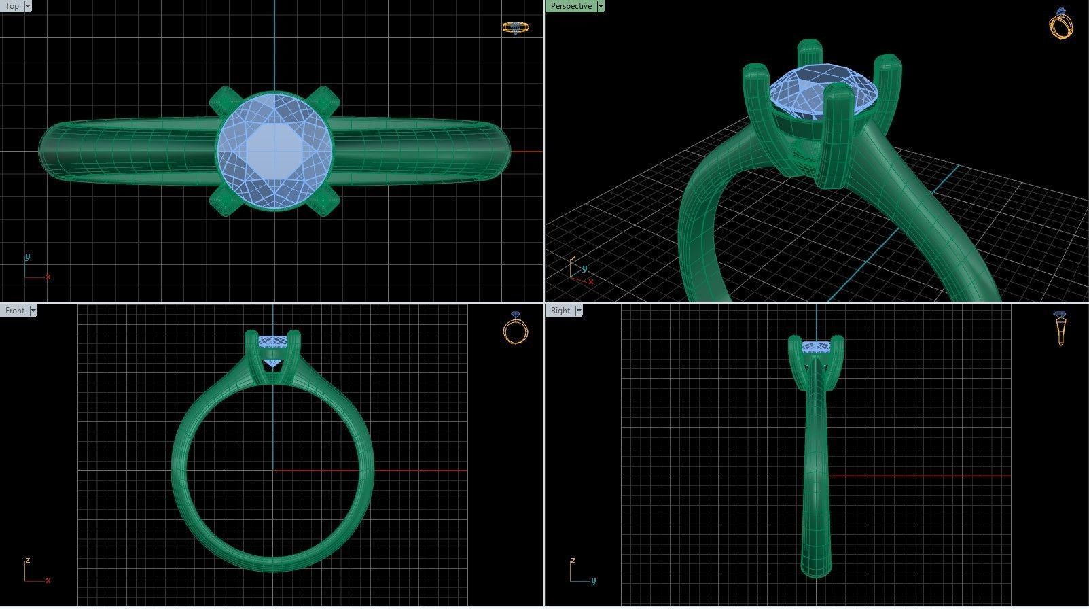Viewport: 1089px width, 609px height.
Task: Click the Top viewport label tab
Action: (12, 6)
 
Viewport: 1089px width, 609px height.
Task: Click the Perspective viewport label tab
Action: (570, 6)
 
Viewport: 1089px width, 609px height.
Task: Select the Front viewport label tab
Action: (14, 311)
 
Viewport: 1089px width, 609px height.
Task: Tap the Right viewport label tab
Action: (560, 311)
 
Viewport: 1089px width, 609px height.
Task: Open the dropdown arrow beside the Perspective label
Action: (601, 6)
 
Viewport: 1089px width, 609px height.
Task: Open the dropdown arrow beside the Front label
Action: (33, 311)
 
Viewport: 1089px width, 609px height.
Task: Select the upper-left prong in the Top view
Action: (221, 101)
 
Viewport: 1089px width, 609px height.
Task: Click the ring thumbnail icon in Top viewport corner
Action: (516, 28)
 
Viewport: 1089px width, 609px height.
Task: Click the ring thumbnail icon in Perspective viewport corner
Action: (1061, 24)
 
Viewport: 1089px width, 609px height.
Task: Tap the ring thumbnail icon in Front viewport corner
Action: (515, 328)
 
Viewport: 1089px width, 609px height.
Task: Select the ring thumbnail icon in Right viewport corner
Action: (1060, 328)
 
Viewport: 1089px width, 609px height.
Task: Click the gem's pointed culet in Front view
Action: (273, 366)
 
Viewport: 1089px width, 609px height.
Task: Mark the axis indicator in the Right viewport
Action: (579, 574)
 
